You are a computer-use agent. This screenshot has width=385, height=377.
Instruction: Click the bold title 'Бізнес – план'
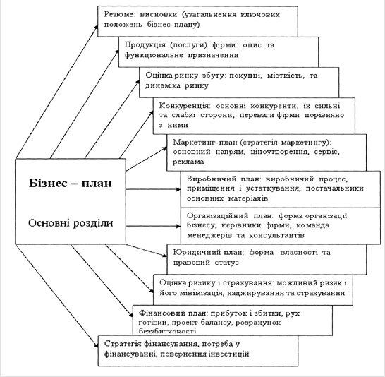[71, 184]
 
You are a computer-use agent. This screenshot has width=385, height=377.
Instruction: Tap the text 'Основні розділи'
[71, 223]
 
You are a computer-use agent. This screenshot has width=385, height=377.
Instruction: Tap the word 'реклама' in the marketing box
[188, 162]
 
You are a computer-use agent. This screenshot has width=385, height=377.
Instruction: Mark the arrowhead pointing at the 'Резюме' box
[96, 26]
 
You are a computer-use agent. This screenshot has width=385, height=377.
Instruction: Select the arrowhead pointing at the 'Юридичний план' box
[164, 255]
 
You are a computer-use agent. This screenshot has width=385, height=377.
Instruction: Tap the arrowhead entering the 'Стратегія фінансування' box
[96, 345]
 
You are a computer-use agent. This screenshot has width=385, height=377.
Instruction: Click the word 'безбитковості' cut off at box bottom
[167, 331]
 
